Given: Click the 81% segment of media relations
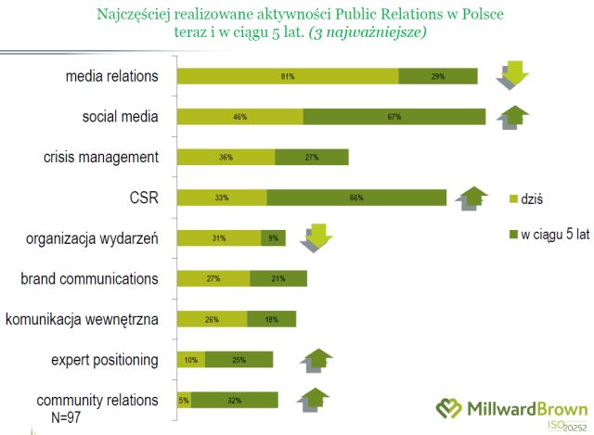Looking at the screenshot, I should (x=287, y=76).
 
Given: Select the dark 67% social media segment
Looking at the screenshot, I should (x=394, y=117).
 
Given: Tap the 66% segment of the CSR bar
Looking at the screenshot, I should (x=356, y=198).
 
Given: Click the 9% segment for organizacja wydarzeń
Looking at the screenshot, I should (x=273, y=238).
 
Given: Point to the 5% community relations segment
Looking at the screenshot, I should (x=184, y=400).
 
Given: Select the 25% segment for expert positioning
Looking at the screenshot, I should (x=239, y=360).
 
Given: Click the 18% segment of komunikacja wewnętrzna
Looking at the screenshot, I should (x=272, y=319).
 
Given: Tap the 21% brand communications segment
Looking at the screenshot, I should (x=278, y=278).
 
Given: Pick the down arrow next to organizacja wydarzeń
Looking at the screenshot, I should (x=316, y=238).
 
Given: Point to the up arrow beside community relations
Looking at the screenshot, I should (x=314, y=400).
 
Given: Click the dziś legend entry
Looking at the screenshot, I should (x=528, y=198).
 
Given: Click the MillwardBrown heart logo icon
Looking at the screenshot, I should (x=450, y=409).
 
